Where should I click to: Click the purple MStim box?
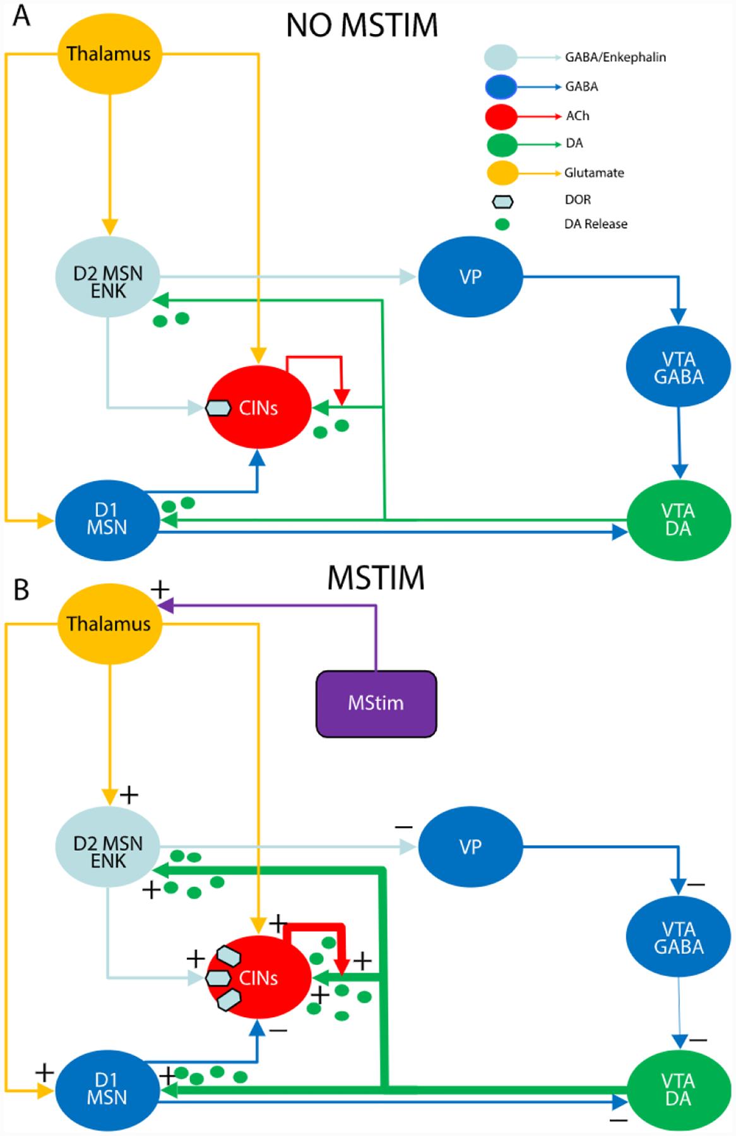(x=376, y=703)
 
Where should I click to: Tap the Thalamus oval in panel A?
(x=109, y=54)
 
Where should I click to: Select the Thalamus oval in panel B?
(x=109, y=624)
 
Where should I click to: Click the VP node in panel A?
(x=470, y=276)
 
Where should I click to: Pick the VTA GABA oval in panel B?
(x=678, y=938)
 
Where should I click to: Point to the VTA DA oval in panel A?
(x=678, y=519)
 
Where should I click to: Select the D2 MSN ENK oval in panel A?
(x=108, y=282)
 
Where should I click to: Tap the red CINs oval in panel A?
(x=259, y=408)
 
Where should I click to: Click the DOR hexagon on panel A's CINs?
(x=218, y=408)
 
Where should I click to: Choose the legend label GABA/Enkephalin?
(x=615, y=57)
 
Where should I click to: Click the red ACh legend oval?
(x=501, y=116)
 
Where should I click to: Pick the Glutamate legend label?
(x=593, y=172)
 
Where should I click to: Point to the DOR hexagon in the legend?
(x=502, y=201)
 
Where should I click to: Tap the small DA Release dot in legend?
(x=502, y=224)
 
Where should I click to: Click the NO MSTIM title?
(x=362, y=26)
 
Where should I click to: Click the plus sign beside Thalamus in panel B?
(x=161, y=590)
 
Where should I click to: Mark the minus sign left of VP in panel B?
(x=403, y=826)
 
